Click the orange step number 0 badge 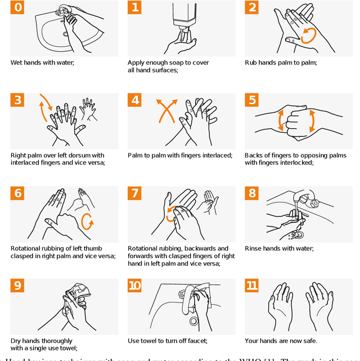(18, 7)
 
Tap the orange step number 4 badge (135, 100)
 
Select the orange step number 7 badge (135, 193)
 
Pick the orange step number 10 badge (135, 286)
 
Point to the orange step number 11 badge (252, 286)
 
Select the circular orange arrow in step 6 (87, 222)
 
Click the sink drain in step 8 (300, 235)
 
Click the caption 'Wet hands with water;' (42, 62)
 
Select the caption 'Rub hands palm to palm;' (281, 62)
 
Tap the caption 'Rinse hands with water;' (279, 248)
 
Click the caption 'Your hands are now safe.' (281, 341)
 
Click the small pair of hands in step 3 (88, 108)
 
